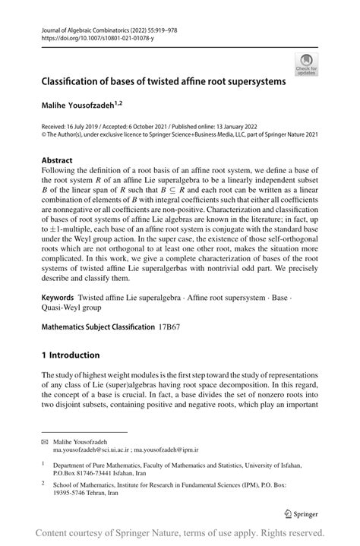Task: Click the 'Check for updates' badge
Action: point(308,65)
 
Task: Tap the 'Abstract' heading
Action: point(57,160)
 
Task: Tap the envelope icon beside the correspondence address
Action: point(45,441)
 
